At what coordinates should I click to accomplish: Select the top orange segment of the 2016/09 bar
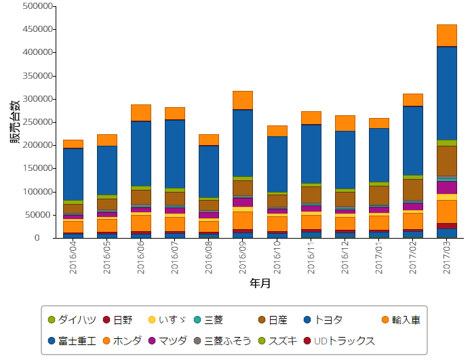point(243,100)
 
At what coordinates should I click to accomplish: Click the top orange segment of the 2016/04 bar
point(73,144)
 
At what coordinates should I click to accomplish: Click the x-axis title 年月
point(260,283)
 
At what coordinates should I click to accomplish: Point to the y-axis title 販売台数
point(14,122)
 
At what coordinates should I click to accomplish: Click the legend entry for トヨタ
point(324,319)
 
